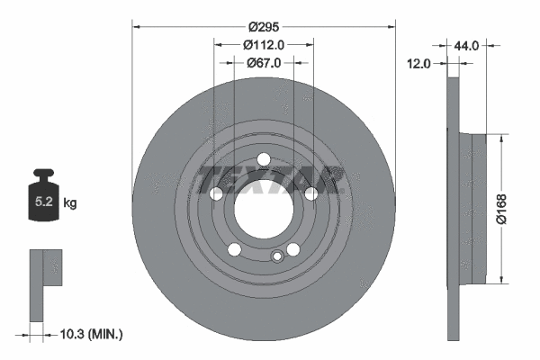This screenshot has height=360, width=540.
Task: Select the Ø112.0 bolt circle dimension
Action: tap(264, 45)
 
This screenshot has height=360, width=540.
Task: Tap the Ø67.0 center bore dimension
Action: tap(264, 62)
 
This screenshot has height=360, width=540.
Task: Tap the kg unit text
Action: tap(70, 204)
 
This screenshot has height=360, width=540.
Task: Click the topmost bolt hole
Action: tap(263, 160)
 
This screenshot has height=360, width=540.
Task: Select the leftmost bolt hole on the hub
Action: tap(216, 193)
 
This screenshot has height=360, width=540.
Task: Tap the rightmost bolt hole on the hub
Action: tap(310, 193)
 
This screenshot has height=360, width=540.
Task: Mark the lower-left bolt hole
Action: tap(234, 249)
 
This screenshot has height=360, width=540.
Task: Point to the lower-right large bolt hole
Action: tap(292, 249)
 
